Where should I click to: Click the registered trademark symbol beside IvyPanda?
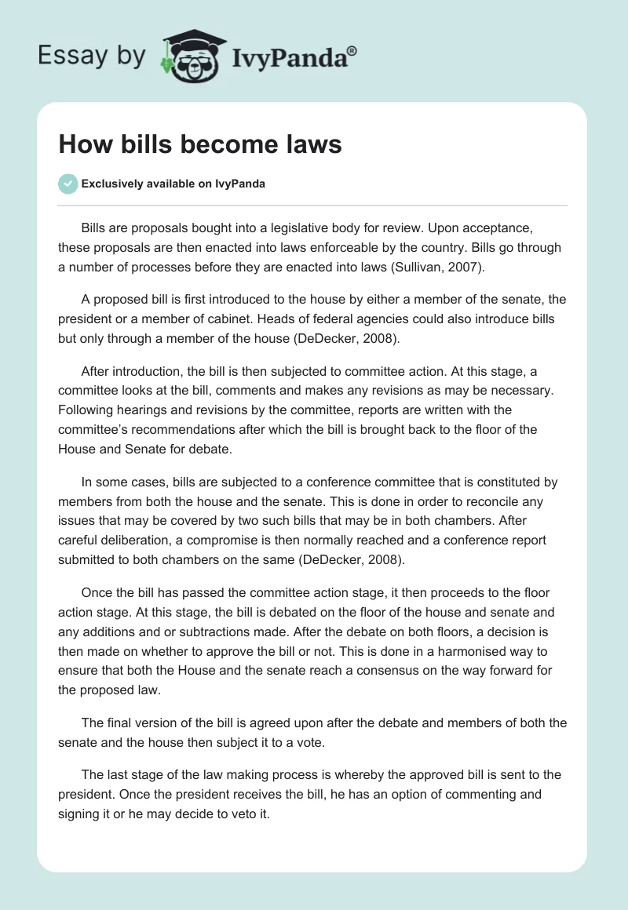352,51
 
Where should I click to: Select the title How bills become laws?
200,144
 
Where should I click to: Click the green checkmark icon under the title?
68,184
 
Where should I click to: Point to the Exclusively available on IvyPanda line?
173,184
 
